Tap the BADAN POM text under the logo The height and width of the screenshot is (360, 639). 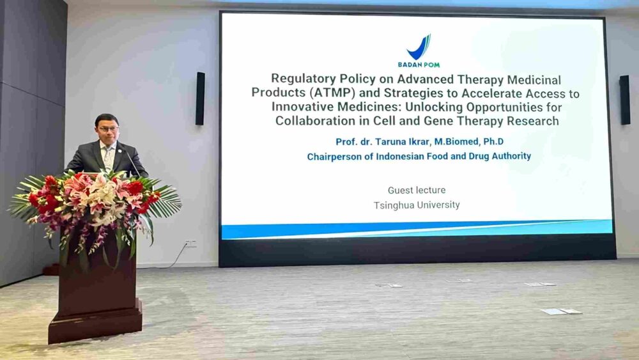(x=419, y=65)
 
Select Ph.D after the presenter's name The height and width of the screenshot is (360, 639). (x=493, y=141)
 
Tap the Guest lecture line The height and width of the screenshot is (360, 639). (x=417, y=190)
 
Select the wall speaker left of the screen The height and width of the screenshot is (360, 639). (x=200, y=98)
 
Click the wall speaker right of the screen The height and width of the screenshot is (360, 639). (x=625, y=100)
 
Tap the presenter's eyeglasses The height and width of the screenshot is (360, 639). (x=107, y=129)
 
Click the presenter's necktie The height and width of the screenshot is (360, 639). (x=107, y=157)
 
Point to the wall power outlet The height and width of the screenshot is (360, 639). (x=190, y=244)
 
